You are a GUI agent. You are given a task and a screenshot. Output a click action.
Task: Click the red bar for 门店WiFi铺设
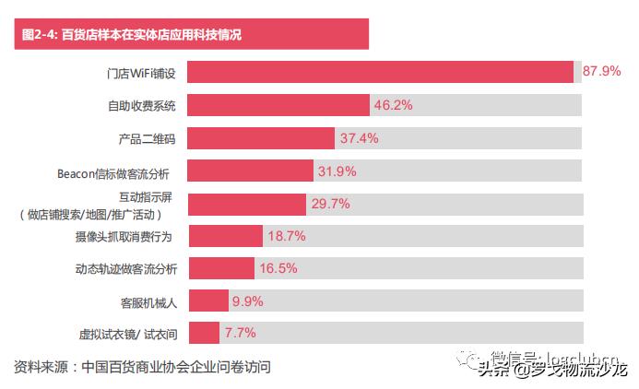coord(381,72)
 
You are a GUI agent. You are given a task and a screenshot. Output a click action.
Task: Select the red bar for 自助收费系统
coord(278,105)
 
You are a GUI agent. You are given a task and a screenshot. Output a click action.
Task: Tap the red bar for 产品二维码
coord(261,138)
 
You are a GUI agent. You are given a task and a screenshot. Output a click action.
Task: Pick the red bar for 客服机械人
coord(208,301)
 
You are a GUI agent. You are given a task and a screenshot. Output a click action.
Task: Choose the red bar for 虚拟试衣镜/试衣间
coord(204,333)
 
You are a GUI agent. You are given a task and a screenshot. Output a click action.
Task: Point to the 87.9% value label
coord(602,72)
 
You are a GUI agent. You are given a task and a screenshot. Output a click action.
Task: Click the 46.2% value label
coord(393,105)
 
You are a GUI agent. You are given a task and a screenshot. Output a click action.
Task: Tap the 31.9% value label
coord(337,171)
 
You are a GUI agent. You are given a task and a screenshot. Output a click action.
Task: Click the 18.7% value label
coord(286,236)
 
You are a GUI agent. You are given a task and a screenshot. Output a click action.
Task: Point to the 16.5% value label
coord(277,268)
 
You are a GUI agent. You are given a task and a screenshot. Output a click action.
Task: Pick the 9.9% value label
coord(248,301)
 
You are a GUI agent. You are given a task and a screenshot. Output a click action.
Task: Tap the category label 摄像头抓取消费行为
coord(126,237)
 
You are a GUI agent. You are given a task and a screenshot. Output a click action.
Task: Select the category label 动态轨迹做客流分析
coord(126,268)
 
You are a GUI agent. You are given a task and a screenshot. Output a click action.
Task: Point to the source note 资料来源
coord(143,366)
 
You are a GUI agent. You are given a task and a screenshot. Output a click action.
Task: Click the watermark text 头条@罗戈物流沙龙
coord(552,370)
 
